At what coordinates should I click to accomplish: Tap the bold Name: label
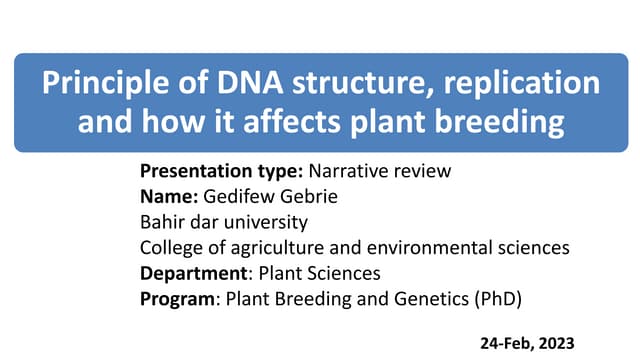coord(167,195)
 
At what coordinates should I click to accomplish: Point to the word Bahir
coord(162,220)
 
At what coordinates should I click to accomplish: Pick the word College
coord(172,245)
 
